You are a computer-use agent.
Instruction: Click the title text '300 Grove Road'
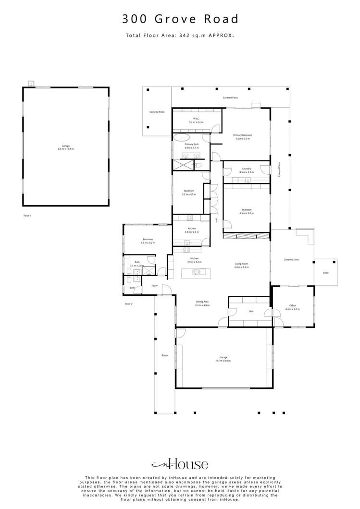point(180,19)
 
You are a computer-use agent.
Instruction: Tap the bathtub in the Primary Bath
point(182,137)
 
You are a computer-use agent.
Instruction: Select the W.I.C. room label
point(196,119)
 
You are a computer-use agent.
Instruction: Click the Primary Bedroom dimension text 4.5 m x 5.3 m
point(243,139)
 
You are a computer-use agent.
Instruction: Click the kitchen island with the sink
point(196,273)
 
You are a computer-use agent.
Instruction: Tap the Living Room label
point(241,264)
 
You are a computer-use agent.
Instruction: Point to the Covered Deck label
point(291,259)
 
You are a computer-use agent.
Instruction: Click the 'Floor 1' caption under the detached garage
point(27,216)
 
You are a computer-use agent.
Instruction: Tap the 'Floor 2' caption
point(128,304)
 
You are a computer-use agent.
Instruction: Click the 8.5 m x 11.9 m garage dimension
point(66,149)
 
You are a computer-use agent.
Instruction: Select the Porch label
point(164,355)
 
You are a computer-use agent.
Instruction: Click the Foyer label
point(155,286)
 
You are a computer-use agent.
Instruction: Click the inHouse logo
point(180,464)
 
